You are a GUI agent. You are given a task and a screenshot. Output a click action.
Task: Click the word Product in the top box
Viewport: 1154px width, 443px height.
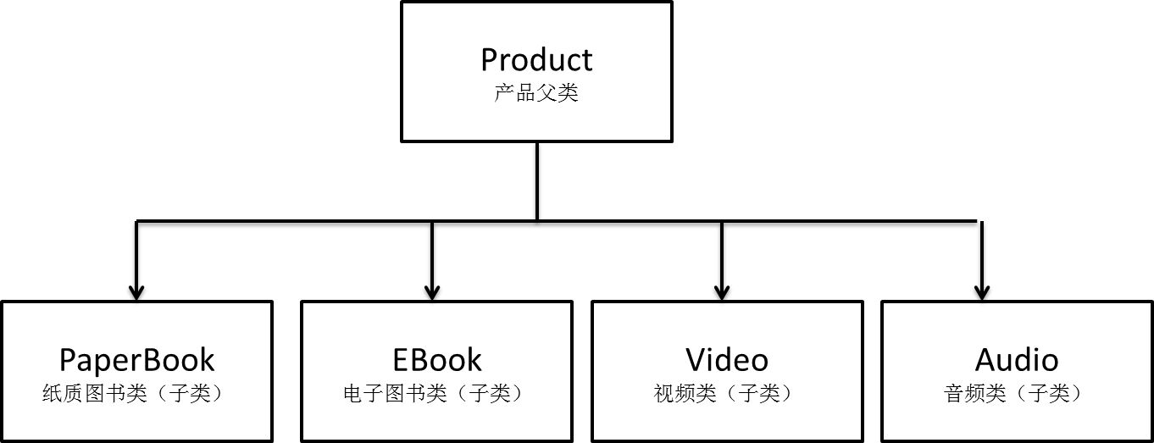coord(536,59)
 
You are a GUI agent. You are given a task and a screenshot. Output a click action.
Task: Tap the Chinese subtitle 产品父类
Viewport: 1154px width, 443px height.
coord(536,92)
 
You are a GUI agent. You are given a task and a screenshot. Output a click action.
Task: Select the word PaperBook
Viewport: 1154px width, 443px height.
coord(136,361)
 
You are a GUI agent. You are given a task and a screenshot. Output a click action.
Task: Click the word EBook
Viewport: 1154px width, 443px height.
coord(437,359)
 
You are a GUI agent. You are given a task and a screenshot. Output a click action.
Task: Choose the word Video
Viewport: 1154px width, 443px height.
coord(727,359)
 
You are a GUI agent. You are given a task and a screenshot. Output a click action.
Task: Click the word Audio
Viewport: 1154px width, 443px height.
coord(1017,359)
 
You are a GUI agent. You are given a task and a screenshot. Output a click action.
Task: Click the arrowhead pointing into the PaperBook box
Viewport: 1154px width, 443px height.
coord(136,292)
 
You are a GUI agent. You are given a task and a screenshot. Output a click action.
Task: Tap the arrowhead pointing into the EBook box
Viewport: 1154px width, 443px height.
coord(432,292)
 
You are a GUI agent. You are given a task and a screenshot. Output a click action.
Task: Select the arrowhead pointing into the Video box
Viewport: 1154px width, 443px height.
coord(722,292)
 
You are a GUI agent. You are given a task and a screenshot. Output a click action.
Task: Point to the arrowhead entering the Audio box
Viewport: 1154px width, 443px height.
coord(982,292)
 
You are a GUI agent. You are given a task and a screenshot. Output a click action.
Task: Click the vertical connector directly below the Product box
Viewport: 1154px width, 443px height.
coord(537,180)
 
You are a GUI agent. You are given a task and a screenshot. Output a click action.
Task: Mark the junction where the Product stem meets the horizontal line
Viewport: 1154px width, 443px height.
coord(537,222)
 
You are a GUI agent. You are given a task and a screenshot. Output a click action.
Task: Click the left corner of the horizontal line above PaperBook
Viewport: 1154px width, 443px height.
coord(136,222)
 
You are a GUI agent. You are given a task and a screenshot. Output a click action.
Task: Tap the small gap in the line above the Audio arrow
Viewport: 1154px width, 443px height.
coord(979,222)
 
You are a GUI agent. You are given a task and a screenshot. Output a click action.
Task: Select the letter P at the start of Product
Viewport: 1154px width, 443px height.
coord(489,60)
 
